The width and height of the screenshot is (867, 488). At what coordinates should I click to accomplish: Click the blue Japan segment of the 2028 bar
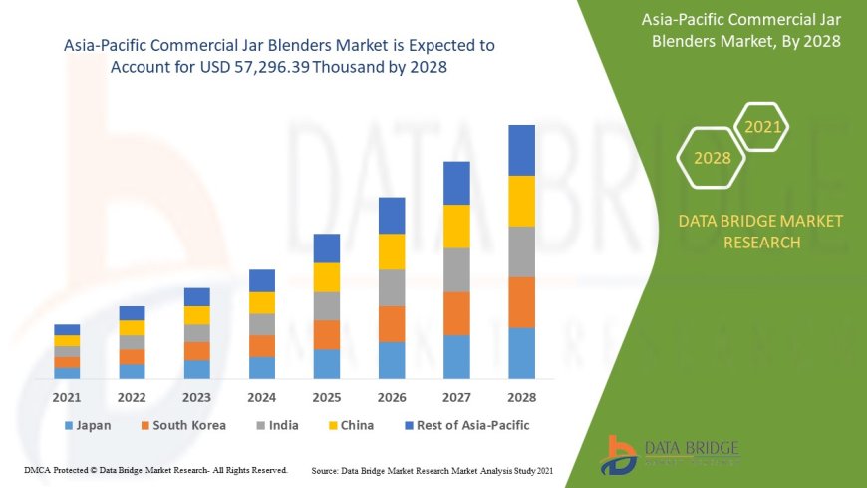[521, 353]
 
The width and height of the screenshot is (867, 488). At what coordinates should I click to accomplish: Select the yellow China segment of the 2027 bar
[456, 226]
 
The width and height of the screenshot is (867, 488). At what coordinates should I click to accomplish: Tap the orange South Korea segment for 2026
[392, 323]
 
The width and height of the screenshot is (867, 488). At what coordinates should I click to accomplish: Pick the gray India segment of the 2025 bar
[327, 305]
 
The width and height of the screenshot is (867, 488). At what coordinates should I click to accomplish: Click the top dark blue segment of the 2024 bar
[262, 280]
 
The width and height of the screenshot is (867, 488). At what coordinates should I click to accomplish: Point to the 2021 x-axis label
[67, 397]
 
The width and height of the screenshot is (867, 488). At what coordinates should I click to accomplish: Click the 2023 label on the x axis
[196, 397]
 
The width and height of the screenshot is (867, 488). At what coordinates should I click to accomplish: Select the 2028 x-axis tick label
[521, 397]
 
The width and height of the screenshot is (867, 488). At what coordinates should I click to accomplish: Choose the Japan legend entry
[88, 425]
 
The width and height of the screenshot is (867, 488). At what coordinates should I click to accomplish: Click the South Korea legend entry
[182, 425]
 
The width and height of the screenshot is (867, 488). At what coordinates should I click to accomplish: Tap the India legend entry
[278, 425]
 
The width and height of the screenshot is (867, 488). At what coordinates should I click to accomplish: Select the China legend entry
[349, 425]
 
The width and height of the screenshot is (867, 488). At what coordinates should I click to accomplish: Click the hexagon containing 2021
[763, 127]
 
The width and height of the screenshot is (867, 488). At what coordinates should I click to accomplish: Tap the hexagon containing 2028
[713, 158]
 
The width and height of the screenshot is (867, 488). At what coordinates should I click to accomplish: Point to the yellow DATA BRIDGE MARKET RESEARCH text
[760, 231]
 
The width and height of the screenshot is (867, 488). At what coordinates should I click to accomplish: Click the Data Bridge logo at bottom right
[670, 454]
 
